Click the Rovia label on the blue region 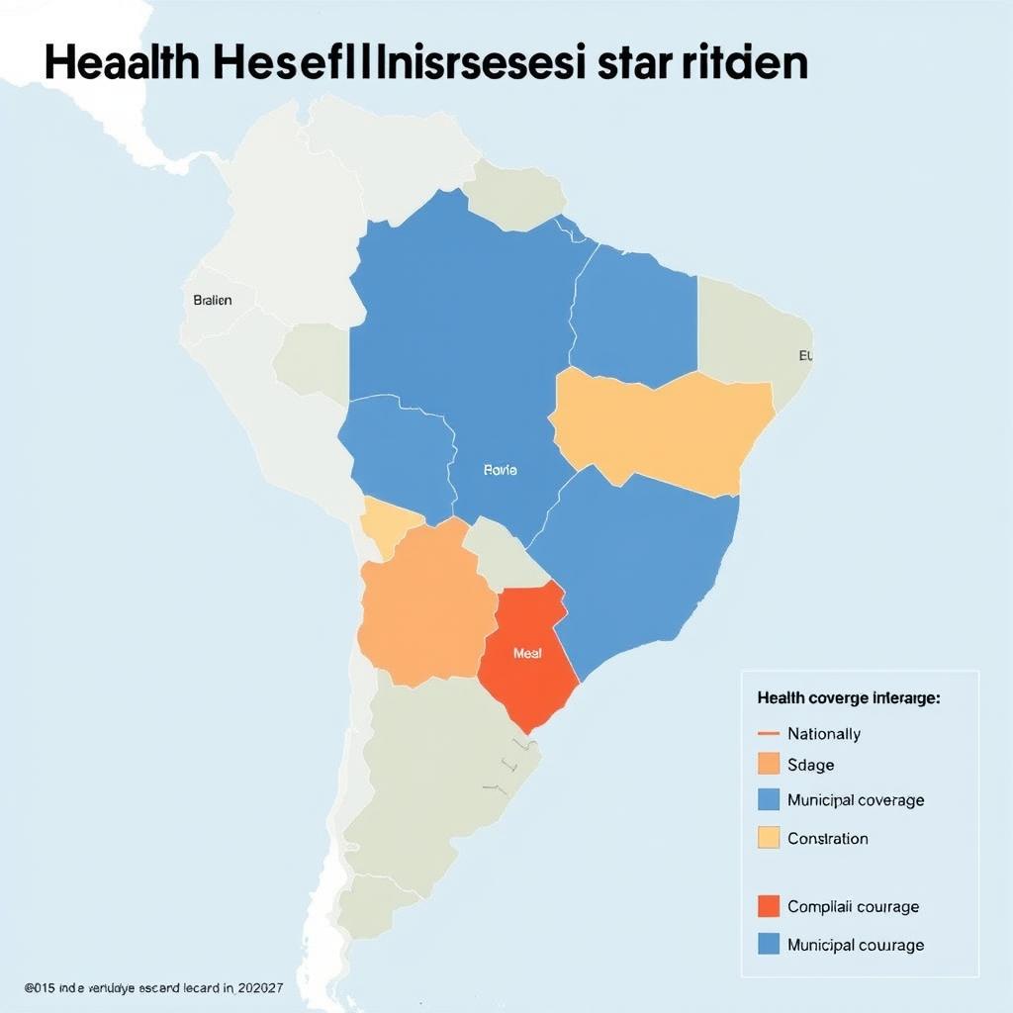point(500,471)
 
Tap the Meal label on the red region point(527,654)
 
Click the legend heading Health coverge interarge point(848,697)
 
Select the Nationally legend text point(823,734)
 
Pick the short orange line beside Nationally point(769,734)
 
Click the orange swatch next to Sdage point(769,765)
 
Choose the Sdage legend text point(810,765)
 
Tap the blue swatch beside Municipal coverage point(769,799)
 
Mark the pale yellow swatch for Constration point(769,838)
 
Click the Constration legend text point(827,838)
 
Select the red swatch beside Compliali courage point(769,906)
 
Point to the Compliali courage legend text point(853,906)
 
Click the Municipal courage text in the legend point(855,945)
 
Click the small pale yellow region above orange point(388,525)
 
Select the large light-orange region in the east point(663,430)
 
